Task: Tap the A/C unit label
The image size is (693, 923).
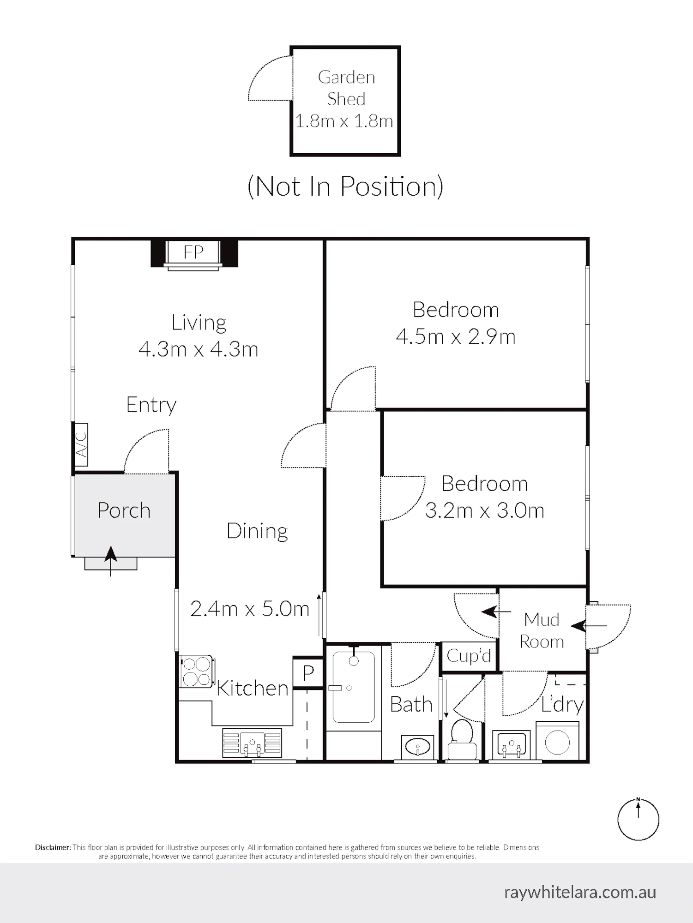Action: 81,444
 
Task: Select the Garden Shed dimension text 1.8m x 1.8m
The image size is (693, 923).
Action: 344,121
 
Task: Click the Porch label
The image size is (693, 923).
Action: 124,510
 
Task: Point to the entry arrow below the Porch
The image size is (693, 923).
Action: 110,561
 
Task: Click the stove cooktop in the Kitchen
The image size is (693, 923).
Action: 197,671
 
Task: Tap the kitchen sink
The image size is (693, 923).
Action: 252,743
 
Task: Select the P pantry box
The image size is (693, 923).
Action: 308,673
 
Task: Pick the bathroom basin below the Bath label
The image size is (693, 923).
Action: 417,746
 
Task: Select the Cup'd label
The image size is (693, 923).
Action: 469,655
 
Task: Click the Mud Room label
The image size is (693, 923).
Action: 542,630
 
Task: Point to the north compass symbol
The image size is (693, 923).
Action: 639,819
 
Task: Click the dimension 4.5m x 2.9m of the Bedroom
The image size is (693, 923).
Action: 456,337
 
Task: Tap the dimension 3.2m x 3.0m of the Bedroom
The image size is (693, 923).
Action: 484,511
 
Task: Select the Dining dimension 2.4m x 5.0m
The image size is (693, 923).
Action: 250,609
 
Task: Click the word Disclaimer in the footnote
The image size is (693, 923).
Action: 53,847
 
